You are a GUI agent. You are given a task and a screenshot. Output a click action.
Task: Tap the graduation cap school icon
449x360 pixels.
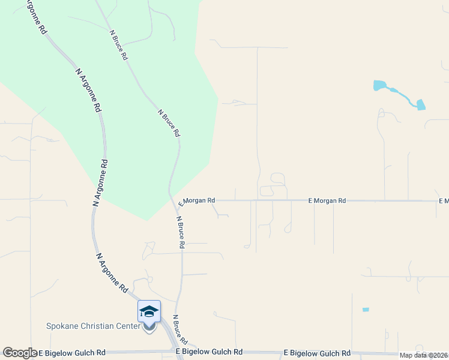point(149,311)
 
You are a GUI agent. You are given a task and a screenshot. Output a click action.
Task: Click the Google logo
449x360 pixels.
point(20,353)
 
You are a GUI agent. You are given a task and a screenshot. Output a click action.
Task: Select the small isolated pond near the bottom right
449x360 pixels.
point(366,310)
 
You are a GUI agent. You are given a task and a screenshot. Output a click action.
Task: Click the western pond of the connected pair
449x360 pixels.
point(379,85)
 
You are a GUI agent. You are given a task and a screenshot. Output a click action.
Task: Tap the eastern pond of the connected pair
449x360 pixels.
point(420,104)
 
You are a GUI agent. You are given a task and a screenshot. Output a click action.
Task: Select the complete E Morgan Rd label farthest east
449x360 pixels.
point(327,201)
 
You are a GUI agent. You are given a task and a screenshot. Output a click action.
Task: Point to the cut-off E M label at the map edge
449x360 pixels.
point(444,200)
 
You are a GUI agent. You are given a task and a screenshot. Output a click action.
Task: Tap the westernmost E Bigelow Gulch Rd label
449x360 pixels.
point(72,353)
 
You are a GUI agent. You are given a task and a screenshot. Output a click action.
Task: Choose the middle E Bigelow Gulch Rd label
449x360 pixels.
point(209,352)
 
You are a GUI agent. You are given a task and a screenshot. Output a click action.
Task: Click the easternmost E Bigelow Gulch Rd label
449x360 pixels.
point(317,353)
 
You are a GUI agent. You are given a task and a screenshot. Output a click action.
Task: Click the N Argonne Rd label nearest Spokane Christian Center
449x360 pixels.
point(112,272)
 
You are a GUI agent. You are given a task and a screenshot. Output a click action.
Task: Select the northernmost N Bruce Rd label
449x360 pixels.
point(118,45)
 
